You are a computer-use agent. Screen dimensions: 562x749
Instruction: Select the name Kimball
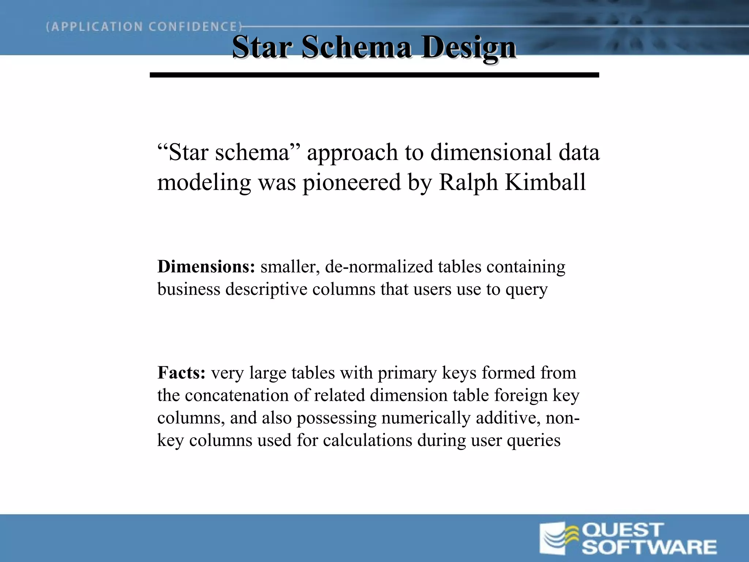545,182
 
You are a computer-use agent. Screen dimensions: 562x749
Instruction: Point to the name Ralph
468,182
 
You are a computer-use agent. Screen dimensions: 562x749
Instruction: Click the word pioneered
351,182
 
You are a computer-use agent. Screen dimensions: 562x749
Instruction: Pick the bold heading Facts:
181,373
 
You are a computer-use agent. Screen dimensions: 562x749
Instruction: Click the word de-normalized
379,266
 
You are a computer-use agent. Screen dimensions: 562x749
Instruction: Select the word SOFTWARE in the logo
649,547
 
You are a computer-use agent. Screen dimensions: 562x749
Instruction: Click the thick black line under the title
374,75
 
